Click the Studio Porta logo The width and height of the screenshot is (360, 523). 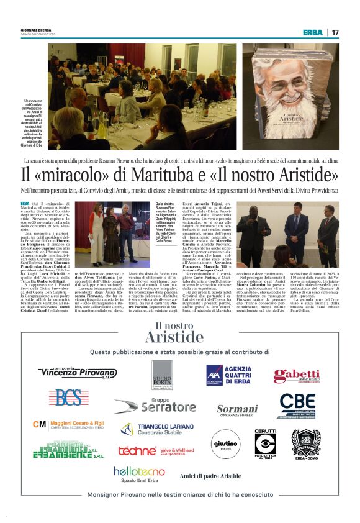[162, 374]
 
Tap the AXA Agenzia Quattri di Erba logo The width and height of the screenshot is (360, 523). [229, 375]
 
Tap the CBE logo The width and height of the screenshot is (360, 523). [297, 406]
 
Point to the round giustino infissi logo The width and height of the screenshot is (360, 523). [225, 443]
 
